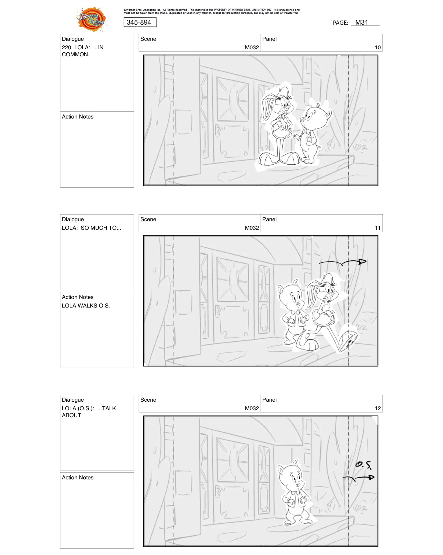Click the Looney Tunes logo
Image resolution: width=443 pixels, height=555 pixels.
(91, 19)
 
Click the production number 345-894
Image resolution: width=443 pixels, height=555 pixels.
(139, 23)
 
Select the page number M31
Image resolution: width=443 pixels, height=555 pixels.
(361, 23)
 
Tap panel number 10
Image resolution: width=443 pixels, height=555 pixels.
(377, 47)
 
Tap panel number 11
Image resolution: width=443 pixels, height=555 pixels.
(377, 228)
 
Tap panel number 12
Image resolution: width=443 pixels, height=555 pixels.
(377, 408)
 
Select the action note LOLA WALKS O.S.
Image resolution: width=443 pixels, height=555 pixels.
(86, 306)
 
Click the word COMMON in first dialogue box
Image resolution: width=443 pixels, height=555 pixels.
(75, 54)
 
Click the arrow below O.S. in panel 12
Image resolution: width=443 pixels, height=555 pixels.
(358, 478)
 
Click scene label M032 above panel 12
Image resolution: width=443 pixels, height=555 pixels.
(252, 408)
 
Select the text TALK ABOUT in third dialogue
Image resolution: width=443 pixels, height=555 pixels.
(106, 408)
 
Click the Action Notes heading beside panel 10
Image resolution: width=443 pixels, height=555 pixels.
(78, 117)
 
